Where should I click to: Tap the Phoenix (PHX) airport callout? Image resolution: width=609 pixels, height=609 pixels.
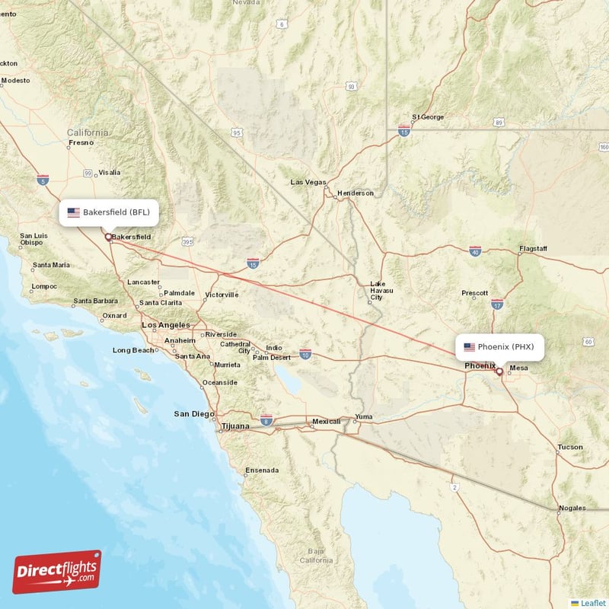(500, 347)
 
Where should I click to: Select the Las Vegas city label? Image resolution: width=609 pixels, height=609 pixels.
(308, 183)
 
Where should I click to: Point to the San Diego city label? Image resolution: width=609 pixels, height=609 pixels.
(194, 414)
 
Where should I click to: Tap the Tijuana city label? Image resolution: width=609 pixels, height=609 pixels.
(235, 426)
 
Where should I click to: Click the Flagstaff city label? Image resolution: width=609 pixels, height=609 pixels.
(533, 249)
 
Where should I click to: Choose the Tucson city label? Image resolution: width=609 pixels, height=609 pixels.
(570, 447)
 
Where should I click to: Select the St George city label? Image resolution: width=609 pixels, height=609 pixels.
(428, 117)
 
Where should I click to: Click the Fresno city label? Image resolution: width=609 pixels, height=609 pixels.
(81, 142)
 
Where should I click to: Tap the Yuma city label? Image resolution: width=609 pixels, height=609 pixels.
(365, 417)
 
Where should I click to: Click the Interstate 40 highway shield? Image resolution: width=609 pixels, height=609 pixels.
(475, 251)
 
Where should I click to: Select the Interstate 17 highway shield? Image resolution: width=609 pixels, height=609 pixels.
(497, 304)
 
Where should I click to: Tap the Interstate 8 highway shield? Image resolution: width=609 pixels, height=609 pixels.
(266, 419)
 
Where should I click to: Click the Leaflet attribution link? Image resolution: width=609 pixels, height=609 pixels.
(589, 603)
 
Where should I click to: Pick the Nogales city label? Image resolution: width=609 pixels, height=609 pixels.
(572, 508)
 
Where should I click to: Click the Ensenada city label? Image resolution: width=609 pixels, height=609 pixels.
(261, 470)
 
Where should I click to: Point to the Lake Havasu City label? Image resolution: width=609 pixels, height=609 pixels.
(378, 289)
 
